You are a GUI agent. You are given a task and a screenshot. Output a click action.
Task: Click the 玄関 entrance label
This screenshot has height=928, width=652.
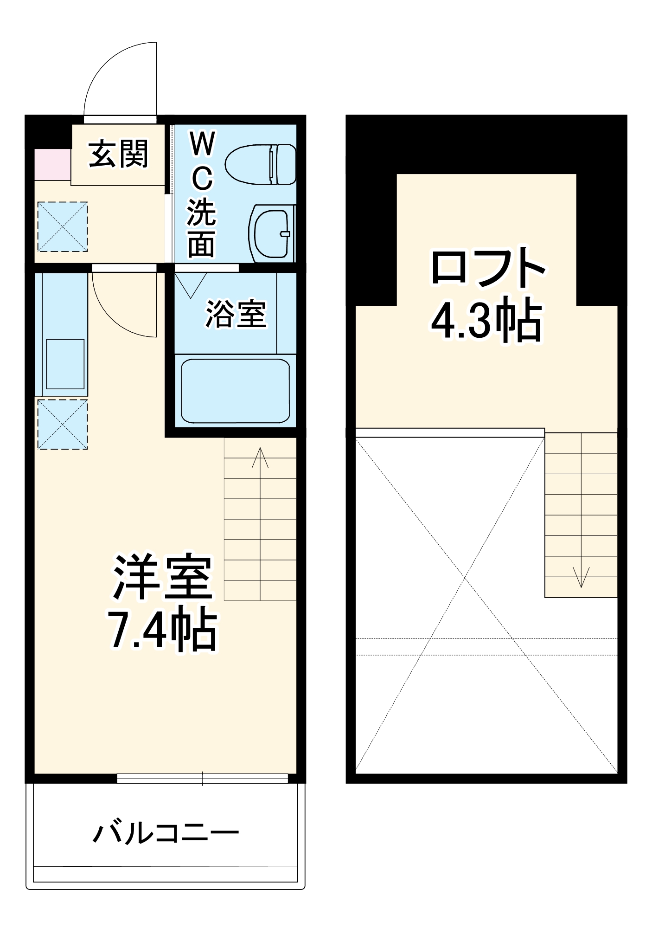click(x=118, y=154)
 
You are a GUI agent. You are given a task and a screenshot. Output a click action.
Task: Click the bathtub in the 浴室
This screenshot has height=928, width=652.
click(x=235, y=390)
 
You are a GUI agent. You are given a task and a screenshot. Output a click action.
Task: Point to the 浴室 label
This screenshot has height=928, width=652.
click(x=236, y=314)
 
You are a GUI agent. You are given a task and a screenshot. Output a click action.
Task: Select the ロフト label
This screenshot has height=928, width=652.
click(x=487, y=268)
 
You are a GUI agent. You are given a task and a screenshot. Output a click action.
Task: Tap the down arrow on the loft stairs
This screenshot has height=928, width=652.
click(x=581, y=577)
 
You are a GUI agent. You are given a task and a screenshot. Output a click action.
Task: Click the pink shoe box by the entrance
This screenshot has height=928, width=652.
click(x=52, y=165)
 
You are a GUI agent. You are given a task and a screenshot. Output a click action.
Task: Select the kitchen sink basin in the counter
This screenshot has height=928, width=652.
click(x=65, y=364)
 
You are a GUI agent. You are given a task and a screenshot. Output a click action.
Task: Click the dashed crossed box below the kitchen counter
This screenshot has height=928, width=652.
click(x=63, y=424)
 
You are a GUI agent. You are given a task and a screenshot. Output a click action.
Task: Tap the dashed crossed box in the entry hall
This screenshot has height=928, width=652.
click(x=63, y=226)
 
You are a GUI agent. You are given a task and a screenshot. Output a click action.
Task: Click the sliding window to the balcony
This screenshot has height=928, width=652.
click(x=202, y=778)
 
